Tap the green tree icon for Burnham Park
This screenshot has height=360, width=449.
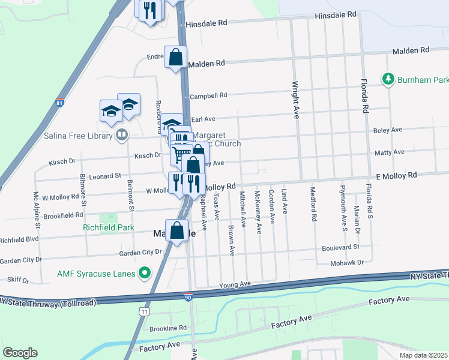point(388,79)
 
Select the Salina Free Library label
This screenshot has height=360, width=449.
point(78,136)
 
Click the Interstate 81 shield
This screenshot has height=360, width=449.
point(59,103)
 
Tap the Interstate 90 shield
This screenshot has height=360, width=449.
point(188,297)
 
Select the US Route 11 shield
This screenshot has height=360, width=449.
point(143,311)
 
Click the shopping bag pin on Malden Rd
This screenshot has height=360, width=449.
point(175,58)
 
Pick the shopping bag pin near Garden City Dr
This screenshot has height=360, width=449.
point(176,230)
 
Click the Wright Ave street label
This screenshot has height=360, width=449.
point(295,98)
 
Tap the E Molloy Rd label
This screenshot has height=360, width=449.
point(396,175)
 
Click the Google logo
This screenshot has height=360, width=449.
point(20,352)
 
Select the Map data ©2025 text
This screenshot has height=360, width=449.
point(423,355)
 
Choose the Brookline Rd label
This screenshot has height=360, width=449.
point(168,328)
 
